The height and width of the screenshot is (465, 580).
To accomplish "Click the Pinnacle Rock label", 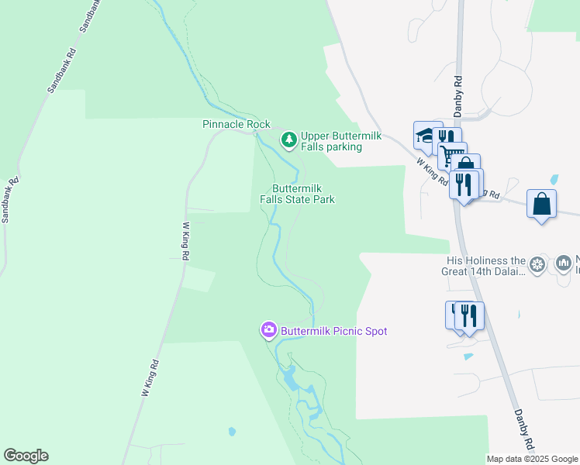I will pyautogui.click(x=236, y=124).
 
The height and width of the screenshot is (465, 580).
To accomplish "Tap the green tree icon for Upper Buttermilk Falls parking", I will pyautogui.click(x=289, y=140).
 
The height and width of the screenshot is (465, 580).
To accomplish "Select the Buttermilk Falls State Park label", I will pyautogui.click(x=297, y=194).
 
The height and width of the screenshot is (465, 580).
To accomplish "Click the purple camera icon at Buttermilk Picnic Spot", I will pyautogui.click(x=268, y=331).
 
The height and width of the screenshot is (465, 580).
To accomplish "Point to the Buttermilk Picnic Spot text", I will pyautogui.click(x=333, y=331).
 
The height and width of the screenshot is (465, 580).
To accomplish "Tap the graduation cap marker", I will pyautogui.click(x=425, y=135).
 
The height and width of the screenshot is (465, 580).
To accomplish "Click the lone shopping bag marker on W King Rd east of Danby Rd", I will pyautogui.click(x=541, y=204).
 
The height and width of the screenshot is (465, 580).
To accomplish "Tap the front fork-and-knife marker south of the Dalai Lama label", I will pyautogui.click(x=468, y=315).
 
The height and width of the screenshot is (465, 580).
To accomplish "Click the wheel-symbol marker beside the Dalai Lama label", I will pyautogui.click(x=539, y=265).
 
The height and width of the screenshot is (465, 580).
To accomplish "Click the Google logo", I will pyautogui.click(x=26, y=456).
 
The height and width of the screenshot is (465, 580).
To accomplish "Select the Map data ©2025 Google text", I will pyautogui.click(x=532, y=459).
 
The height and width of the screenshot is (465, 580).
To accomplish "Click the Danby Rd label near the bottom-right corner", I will pyautogui.click(x=524, y=429).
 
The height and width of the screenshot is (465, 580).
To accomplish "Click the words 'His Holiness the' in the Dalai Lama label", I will pyautogui.click(x=486, y=261).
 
